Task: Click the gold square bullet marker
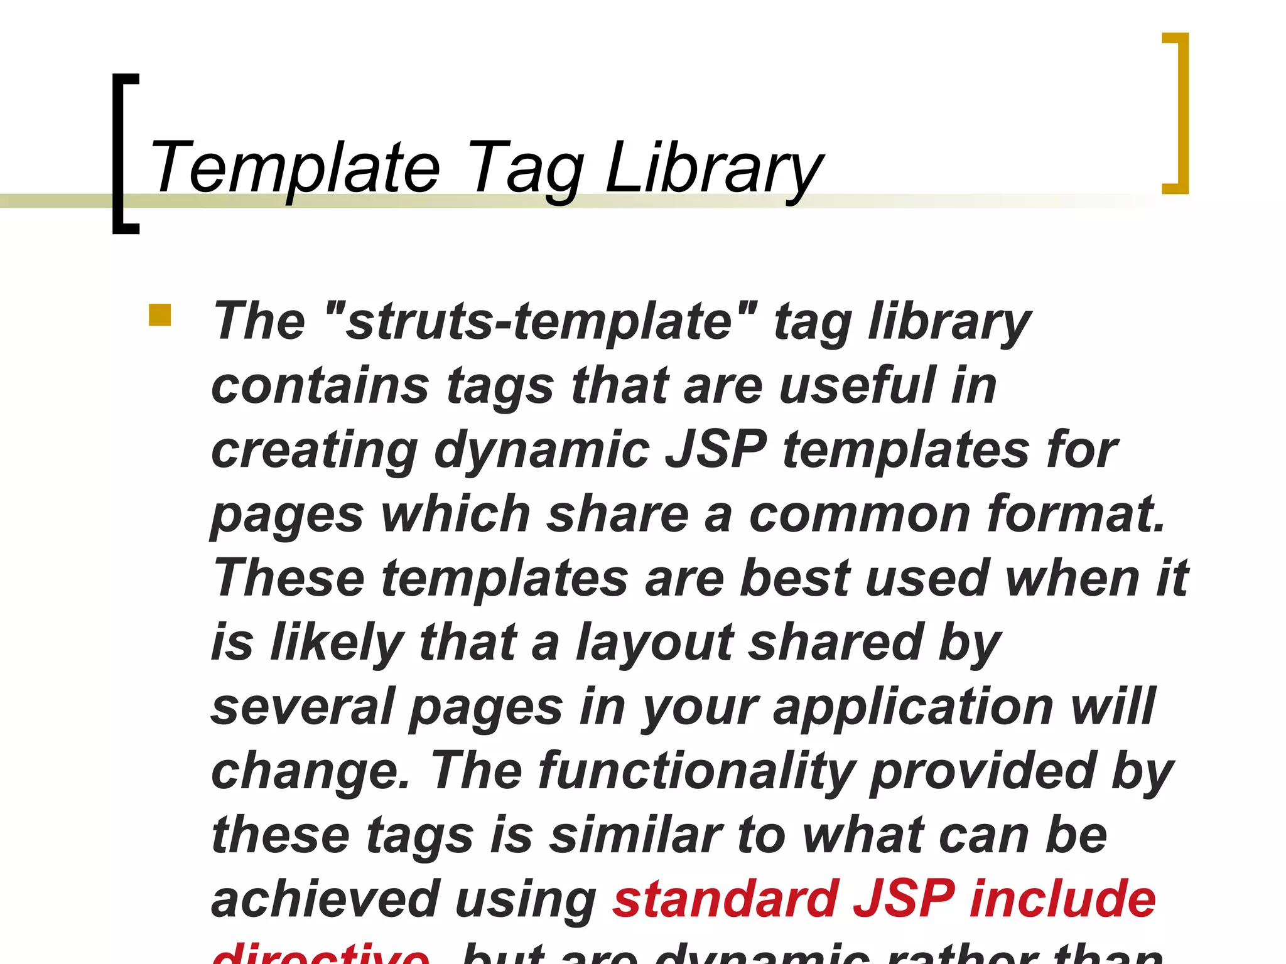click(x=159, y=315)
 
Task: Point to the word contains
click(x=320, y=385)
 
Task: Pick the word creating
click(x=314, y=451)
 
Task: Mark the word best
click(x=795, y=578)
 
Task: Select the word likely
click(x=337, y=644)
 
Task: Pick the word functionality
click(x=697, y=772)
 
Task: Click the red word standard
click(x=726, y=899)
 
